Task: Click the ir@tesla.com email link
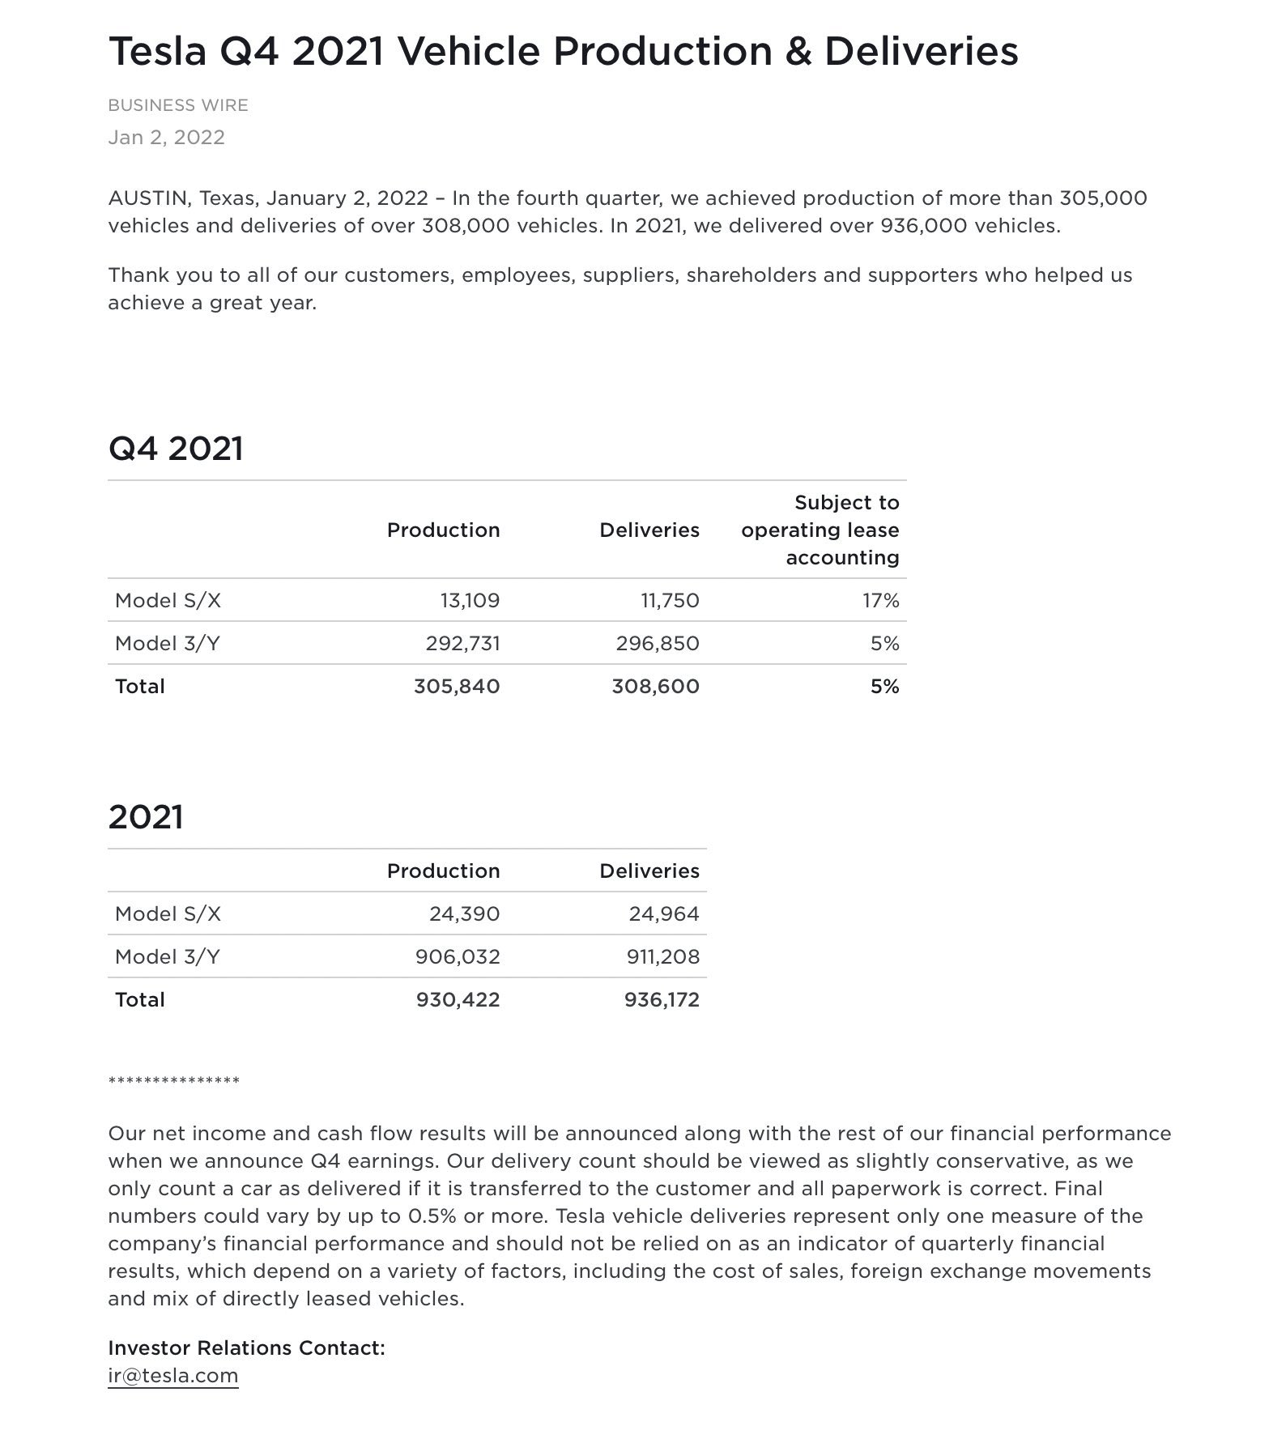(x=172, y=1376)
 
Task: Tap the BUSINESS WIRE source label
(x=178, y=105)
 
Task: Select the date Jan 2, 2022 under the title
(x=166, y=137)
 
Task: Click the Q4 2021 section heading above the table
(x=176, y=449)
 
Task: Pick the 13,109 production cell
(x=470, y=601)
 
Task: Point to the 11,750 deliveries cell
(x=670, y=601)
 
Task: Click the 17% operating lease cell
(x=880, y=601)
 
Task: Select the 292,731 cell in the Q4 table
(x=462, y=644)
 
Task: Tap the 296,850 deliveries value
(x=657, y=644)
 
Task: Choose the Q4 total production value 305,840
(x=457, y=687)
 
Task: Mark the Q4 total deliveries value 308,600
(x=655, y=687)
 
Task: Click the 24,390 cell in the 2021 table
(x=464, y=914)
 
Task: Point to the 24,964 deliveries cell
(x=663, y=914)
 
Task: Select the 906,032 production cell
(x=458, y=957)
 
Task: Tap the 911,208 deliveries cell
(x=662, y=957)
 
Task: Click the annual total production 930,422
(x=458, y=1000)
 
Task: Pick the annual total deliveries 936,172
(x=662, y=1000)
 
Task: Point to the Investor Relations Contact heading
(x=246, y=1348)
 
